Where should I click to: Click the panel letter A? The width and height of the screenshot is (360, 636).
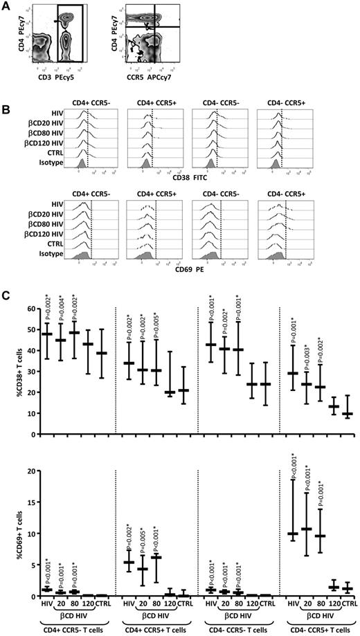5,5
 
